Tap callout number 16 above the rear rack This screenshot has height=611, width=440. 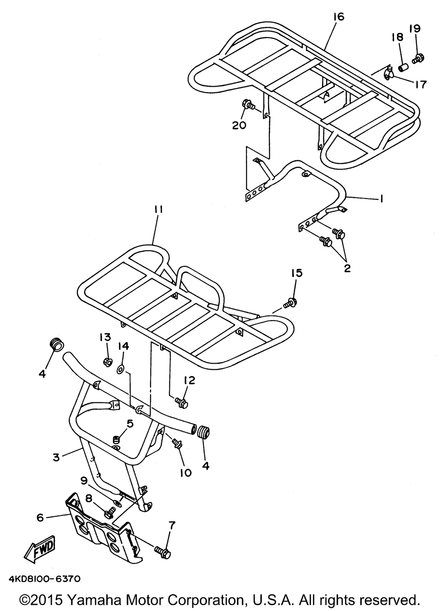click(339, 17)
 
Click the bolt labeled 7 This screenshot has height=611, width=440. click(163, 551)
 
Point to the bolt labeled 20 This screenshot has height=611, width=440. click(249, 105)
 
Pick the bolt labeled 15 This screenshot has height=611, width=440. click(290, 302)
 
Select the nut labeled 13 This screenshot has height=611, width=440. click(106, 362)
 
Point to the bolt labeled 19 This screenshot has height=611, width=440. click(418, 57)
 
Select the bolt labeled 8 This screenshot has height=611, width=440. click(109, 512)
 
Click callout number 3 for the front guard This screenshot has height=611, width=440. click(56, 457)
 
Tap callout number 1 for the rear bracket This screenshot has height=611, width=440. click(381, 199)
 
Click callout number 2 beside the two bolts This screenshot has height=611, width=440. click(347, 268)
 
